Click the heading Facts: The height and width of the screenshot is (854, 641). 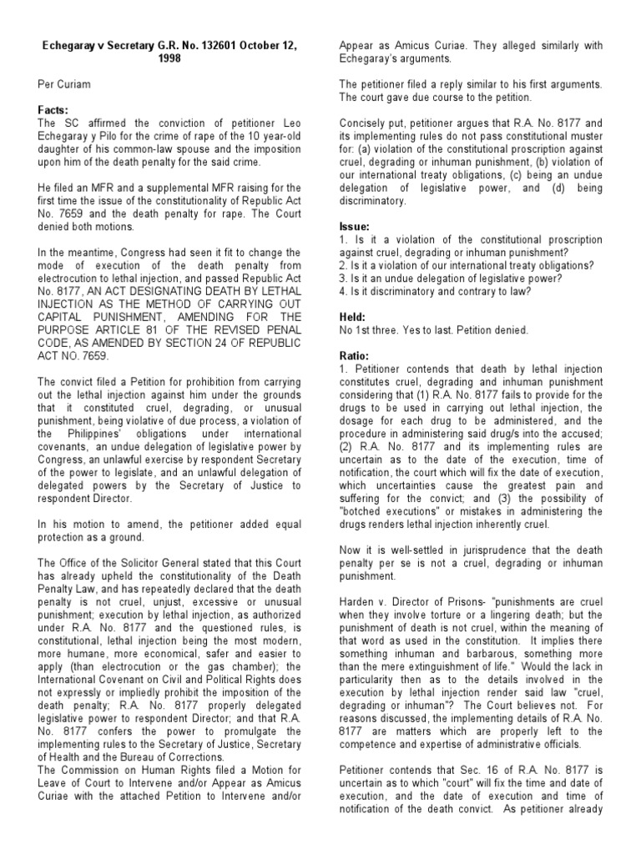(x=52, y=109)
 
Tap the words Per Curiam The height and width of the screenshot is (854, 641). (x=62, y=84)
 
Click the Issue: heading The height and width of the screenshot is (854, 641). (x=354, y=226)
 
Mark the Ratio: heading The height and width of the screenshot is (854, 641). (x=354, y=354)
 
